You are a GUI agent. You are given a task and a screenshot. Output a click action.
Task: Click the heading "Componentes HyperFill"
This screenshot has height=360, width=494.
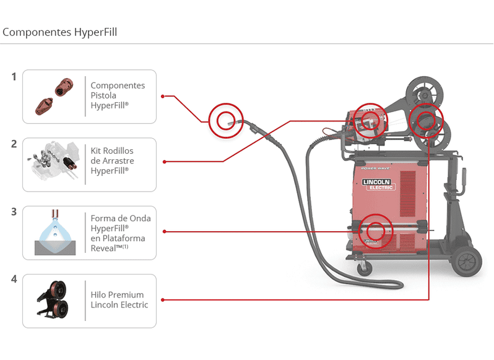pos(60,32)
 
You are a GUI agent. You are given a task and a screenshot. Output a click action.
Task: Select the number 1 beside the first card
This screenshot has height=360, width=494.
pos(14,77)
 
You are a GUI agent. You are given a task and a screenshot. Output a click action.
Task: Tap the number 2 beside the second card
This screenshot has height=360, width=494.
pos(14,144)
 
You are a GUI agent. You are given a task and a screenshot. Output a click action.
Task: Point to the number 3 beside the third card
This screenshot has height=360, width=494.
pos(14,212)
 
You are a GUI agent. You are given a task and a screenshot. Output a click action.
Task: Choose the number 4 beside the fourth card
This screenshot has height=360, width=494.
pos(14,279)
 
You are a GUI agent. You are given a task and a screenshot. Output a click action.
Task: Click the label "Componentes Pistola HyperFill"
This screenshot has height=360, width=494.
pos(118,95)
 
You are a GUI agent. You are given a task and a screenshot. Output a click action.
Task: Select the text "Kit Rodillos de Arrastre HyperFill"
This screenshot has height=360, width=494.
pos(112,160)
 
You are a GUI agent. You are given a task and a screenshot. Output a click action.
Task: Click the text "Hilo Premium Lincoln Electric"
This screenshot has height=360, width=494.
pos(119,300)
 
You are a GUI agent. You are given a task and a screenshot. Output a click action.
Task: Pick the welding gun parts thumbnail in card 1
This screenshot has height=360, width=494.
pos(54,96)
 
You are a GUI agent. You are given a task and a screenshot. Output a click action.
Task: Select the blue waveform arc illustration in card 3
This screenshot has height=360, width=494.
pos(55,233)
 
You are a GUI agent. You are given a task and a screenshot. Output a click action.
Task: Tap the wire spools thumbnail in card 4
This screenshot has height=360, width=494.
pos(54,301)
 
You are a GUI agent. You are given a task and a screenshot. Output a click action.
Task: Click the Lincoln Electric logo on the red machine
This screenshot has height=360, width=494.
pos(377,184)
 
